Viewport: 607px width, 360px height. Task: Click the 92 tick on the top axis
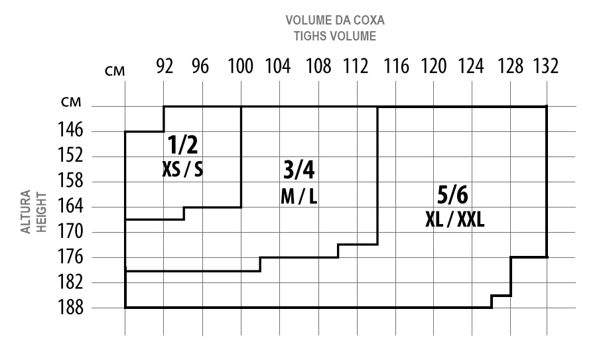165,66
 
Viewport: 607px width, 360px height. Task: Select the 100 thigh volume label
240,66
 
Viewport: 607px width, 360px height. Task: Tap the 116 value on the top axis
396,66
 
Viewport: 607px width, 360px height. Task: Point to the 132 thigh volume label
546,66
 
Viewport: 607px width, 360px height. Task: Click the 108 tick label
318,66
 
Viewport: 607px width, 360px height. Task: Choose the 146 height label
70,130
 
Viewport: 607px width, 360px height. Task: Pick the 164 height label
70,206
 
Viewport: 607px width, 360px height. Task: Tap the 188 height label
70,308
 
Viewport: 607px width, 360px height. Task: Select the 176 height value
70,257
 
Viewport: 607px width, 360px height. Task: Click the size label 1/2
182,145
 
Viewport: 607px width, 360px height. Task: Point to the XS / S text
182,169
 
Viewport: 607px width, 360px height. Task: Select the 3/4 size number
299,170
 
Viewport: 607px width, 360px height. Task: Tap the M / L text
299,196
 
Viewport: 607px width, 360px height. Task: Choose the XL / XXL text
455,220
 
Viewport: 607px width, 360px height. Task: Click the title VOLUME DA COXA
335,20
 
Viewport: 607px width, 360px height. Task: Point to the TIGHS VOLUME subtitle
335,36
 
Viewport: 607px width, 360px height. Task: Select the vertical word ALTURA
26,211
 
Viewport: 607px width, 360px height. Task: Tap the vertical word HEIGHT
41,212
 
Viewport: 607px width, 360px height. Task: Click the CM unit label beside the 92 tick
115,71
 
